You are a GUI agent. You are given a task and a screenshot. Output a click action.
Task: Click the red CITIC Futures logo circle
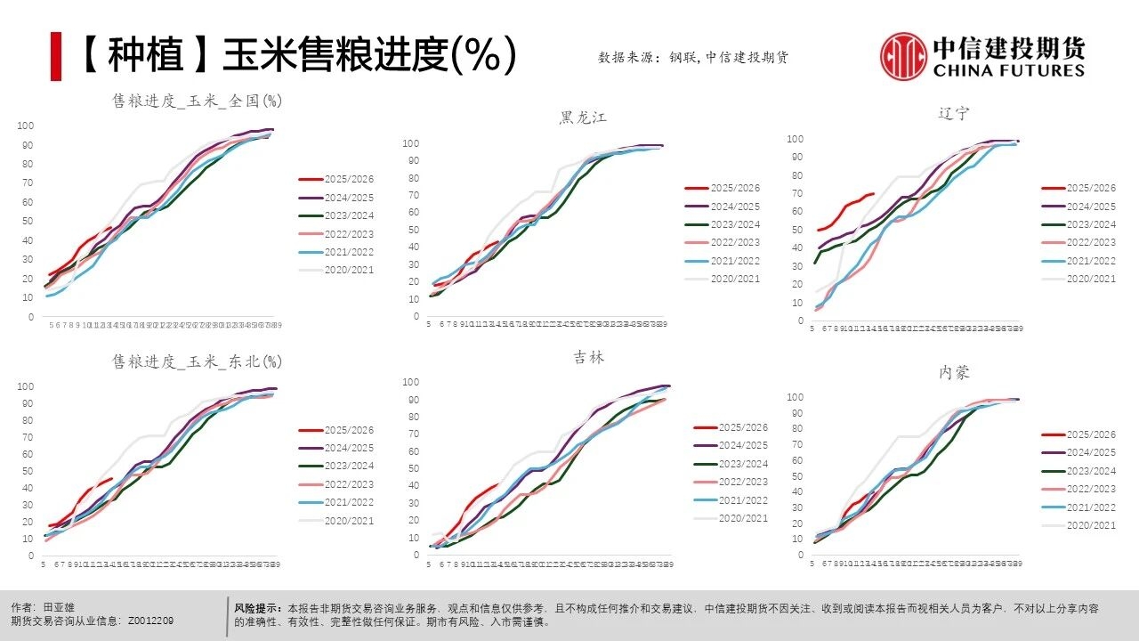tap(903, 56)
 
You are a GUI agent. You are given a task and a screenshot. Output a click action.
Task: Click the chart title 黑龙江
tap(583, 118)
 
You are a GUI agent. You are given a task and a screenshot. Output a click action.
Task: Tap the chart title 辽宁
tap(953, 113)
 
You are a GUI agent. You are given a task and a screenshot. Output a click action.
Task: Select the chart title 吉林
tap(588, 357)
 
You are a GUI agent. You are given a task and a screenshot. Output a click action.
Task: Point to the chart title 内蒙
tap(954, 372)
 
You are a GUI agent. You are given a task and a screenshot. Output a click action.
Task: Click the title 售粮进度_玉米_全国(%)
tap(197, 101)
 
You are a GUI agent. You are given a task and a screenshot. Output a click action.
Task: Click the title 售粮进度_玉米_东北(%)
tap(197, 361)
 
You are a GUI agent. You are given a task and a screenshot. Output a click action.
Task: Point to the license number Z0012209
tap(151, 621)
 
